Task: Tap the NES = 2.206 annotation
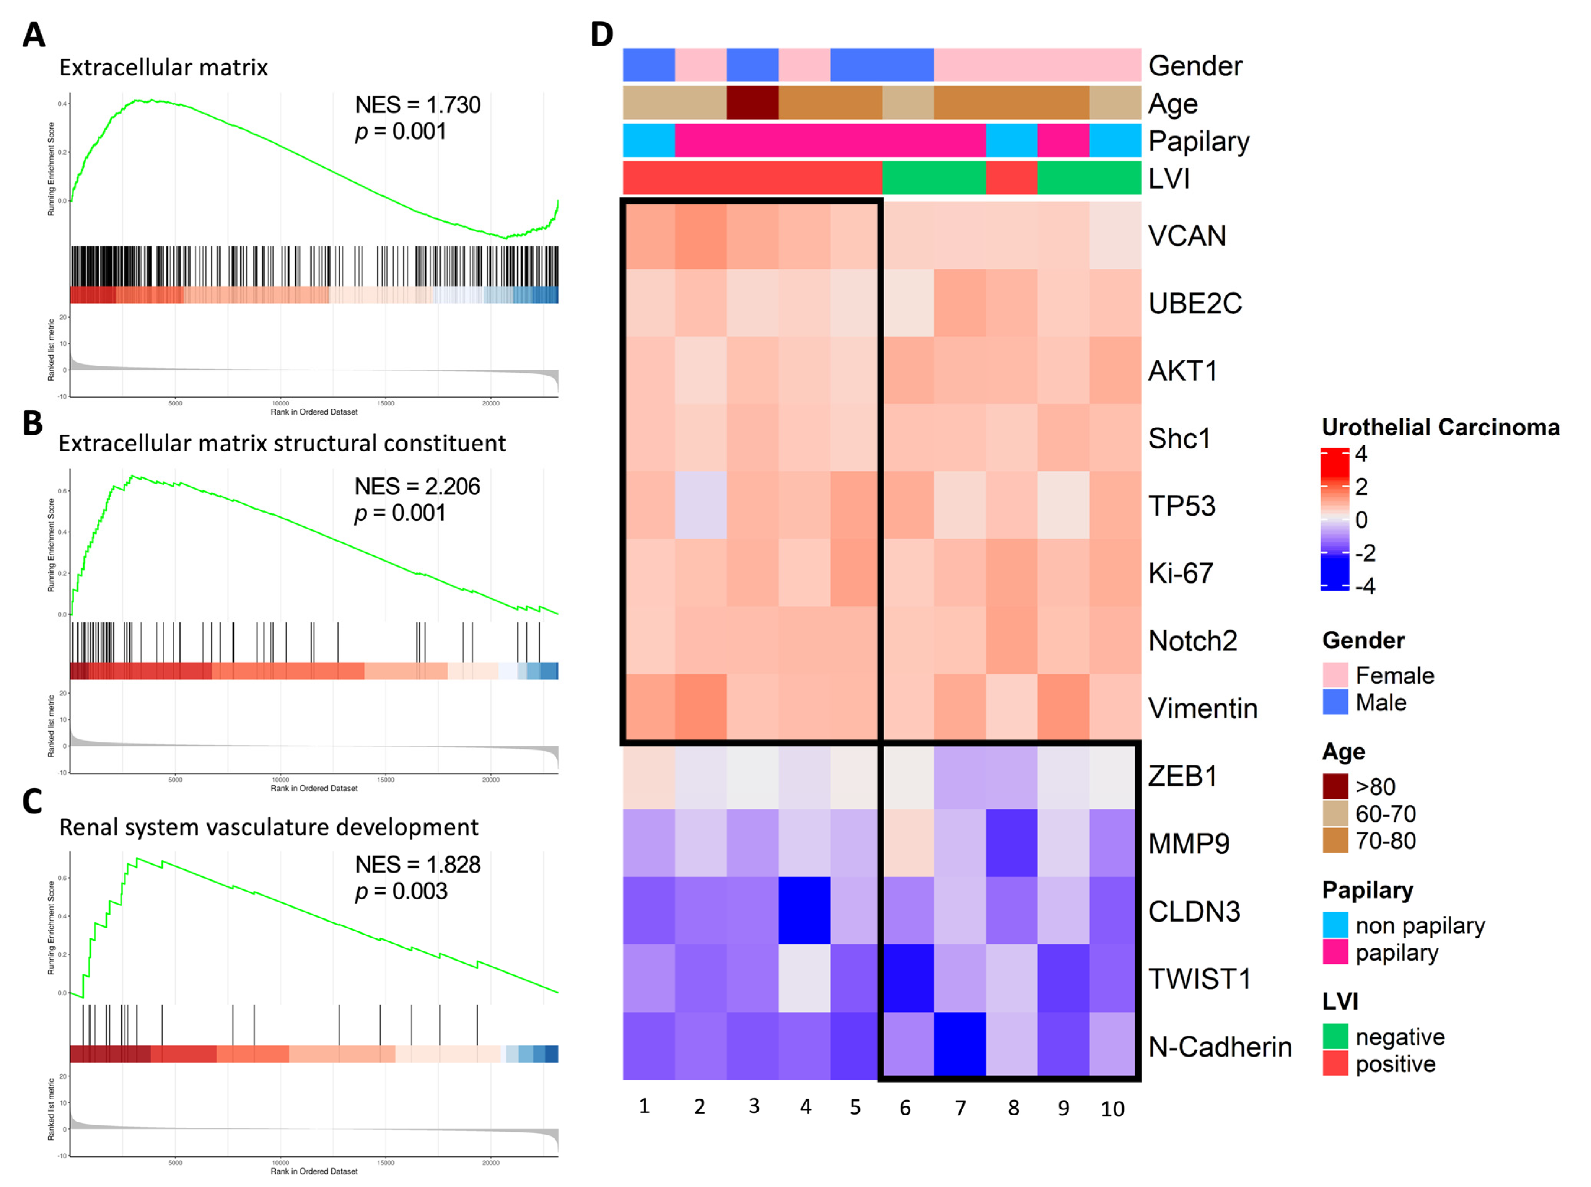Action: [x=417, y=487]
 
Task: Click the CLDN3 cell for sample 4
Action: [x=804, y=910]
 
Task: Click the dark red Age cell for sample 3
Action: [x=752, y=103]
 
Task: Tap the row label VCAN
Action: [x=1186, y=236]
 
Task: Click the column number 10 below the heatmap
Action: [x=1112, y=1109]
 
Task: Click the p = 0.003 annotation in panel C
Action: [x=401, y=891]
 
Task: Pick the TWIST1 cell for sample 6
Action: [x=908, y=978]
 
